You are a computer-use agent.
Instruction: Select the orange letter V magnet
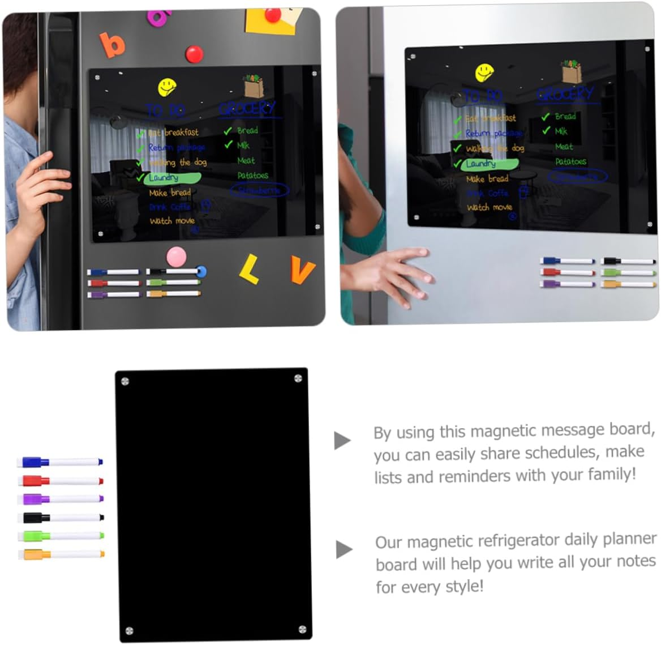pos(302,270)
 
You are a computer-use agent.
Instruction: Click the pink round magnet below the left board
pos(177,257)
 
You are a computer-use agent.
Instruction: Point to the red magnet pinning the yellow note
pos(273,15)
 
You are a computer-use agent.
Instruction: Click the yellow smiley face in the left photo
pos(167,87)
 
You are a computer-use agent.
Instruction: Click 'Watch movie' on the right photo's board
pos(489,207)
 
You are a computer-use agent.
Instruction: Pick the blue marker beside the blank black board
pos(60,462)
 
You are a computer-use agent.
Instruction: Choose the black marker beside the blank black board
pos(60,518)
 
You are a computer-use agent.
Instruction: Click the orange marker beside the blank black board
pos(60,554)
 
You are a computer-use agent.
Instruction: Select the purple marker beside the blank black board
pos(60,499)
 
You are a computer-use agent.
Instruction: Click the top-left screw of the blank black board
pos(125,381)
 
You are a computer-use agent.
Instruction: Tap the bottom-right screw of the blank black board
pos(302,629)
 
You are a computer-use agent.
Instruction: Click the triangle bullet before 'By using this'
pos(342,440)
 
